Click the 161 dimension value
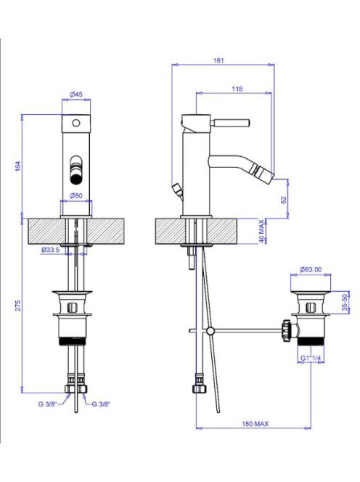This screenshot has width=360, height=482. click(x=218, y=60)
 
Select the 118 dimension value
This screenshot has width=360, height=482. click(x=237, y=89)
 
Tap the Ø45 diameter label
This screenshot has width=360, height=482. click(x=76, y=94)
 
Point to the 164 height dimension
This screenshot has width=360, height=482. click(x=18, y=166)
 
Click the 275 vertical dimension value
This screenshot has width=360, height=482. click(x=18, y=306)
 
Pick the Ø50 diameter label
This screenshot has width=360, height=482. click(x=76, y=195)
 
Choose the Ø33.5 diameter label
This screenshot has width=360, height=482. click(x=50, y=250)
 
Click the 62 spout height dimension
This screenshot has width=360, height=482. click(x=283, y=200)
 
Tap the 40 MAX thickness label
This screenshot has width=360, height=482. click(x=261, y=232)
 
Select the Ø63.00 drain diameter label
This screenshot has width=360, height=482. click(x=311, y=269)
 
